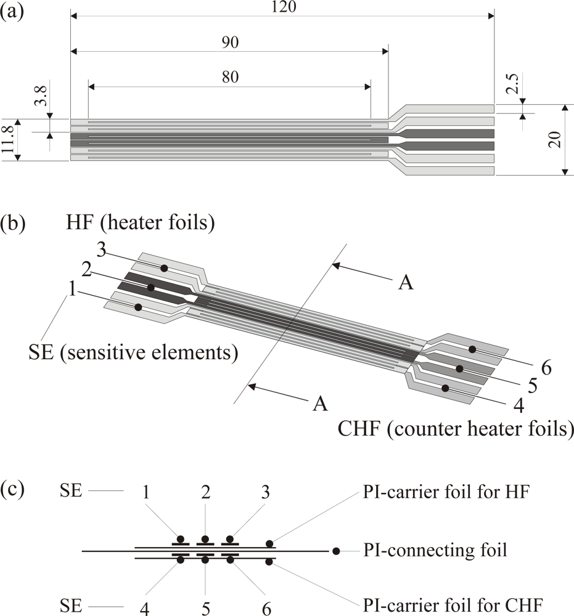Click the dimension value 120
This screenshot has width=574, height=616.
(x=284, y=7)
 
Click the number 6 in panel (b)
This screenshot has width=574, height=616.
(x=546, y=368)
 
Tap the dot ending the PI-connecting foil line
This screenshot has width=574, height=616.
(x=336, y=550)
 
